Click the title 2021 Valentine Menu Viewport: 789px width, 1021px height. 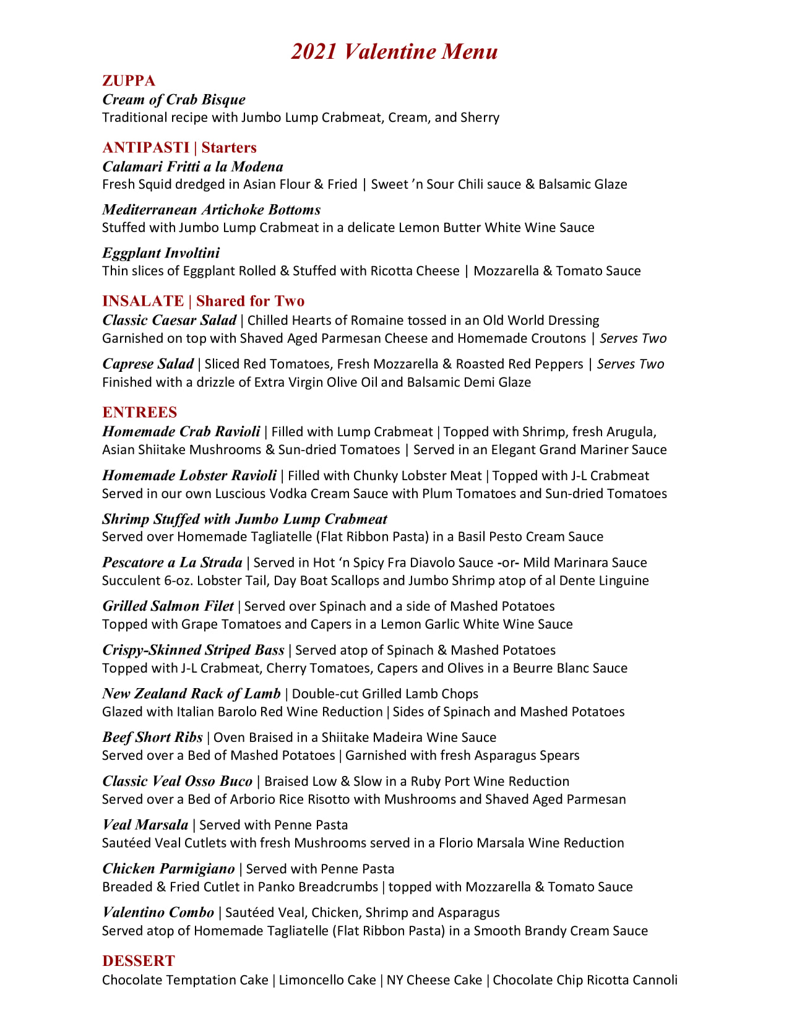click(394, 51)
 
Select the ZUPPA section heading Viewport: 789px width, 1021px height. click(129, 80)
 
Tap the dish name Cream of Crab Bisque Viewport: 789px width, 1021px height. click(174, 100)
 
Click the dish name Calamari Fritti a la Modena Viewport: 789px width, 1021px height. click(192, 166)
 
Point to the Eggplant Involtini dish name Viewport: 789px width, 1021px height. click(161, 253)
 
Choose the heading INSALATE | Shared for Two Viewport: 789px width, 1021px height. click(203, 301)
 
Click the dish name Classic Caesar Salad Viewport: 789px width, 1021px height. click(169, 320)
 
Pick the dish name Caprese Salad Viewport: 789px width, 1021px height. click(148, 364)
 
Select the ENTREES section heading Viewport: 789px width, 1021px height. click(139, 412)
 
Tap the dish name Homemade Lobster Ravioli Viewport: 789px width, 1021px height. click(189, 475)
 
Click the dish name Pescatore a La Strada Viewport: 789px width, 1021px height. click(172, 562)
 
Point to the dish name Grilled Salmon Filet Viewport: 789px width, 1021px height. click(168, 606)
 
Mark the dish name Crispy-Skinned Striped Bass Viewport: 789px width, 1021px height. click(193, 650)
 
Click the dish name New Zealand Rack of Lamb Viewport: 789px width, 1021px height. click(191, 694)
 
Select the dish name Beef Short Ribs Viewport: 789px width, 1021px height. click(152, 737)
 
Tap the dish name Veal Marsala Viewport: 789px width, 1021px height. click(145, 825)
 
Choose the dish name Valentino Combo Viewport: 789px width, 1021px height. click(158, 913)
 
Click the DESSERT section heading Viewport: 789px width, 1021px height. click(139, 961)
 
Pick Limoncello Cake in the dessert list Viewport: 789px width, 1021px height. click(327, 980)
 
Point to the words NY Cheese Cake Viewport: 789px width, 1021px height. click(434, 980)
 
